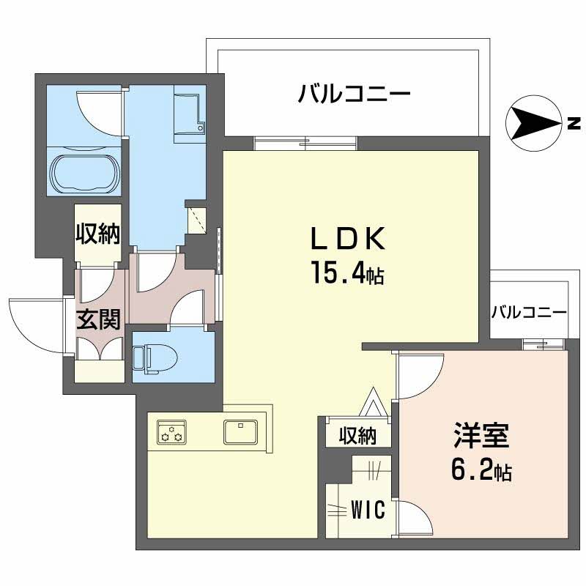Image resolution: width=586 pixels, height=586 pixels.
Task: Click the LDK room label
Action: click(x=348, y=239)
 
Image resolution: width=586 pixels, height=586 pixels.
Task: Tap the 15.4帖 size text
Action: click(x=348, y=275)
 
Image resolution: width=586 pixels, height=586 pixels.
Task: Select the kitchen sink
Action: click(x=241, y=433)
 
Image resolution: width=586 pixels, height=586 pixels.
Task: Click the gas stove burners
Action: click(x=171, y=433)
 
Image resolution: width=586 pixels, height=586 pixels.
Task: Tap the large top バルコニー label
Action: click(x=354, y=94)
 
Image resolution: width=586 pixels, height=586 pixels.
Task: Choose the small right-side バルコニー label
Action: click(x=528, y=312)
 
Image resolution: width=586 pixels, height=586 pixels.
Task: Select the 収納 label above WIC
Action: click(x=357, y=436)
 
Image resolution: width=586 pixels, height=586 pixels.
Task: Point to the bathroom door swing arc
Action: click(x=99, y=110)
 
